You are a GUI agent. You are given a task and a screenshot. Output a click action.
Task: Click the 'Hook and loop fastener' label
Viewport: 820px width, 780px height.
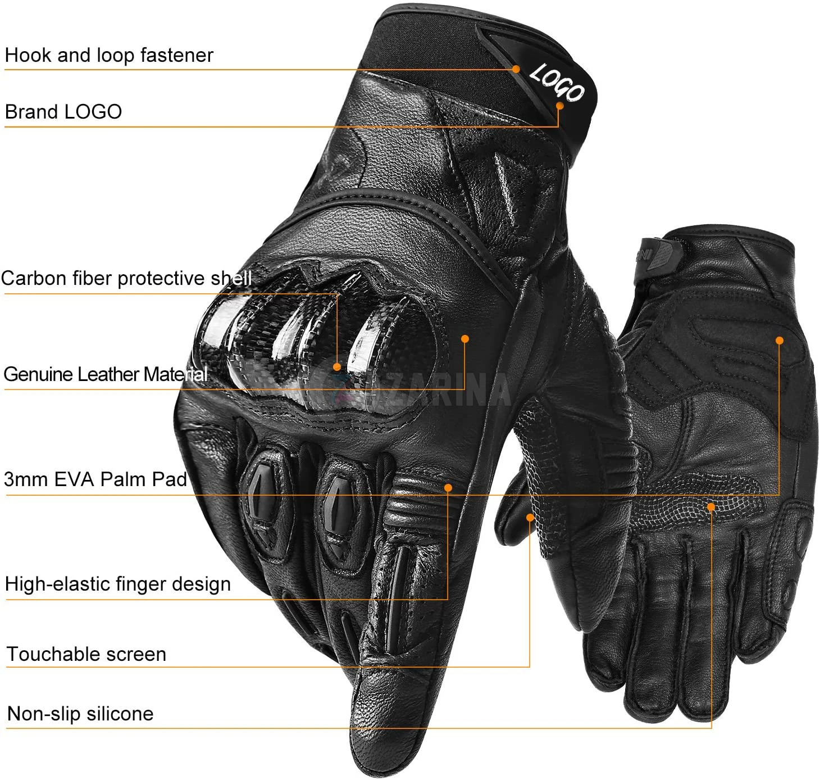click(x=109, y=55)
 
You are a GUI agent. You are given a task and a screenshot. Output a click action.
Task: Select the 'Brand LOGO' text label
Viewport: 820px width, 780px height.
click(x=63, y=112)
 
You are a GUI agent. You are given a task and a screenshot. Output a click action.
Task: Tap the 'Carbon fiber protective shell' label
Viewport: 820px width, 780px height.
click(x=126, y=278)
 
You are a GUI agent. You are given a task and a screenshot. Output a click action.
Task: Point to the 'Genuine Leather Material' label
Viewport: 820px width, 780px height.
click(x=106, y=374)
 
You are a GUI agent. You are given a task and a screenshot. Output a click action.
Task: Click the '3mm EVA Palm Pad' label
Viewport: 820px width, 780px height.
click(x=95, y=479)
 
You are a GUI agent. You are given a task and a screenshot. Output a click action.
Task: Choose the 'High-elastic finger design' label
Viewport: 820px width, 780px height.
click(x=118, y=584)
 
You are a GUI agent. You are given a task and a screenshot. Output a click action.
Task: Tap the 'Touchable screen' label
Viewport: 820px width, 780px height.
click(x=86, y=654)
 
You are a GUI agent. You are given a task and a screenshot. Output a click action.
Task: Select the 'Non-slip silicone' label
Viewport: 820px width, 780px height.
click(x=80, y=714)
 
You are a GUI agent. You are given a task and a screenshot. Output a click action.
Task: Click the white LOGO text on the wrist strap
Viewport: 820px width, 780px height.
click(x=557, y=82)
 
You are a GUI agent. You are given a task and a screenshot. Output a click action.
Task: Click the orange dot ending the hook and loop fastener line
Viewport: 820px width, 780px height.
click(x=516, y=69)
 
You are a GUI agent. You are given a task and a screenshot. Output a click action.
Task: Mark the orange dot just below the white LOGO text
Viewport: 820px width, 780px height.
click(x=559, y=105)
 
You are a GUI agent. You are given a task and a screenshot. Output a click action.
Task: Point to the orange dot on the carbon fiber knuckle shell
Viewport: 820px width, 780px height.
click(x=337, y=367)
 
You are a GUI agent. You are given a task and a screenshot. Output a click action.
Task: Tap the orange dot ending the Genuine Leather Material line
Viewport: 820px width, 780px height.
click(x=465, y=339)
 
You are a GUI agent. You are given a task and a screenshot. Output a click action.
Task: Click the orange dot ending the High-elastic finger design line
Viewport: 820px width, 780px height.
click(x=448, y=488)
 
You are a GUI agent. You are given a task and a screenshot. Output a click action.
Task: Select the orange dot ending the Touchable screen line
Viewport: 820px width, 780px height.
click(x=530, y=517)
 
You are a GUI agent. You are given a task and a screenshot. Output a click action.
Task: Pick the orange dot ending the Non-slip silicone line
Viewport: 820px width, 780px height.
click(x=711, y=507)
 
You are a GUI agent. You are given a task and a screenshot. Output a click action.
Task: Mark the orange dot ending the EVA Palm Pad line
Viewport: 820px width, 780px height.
click(x=780, y=340)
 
